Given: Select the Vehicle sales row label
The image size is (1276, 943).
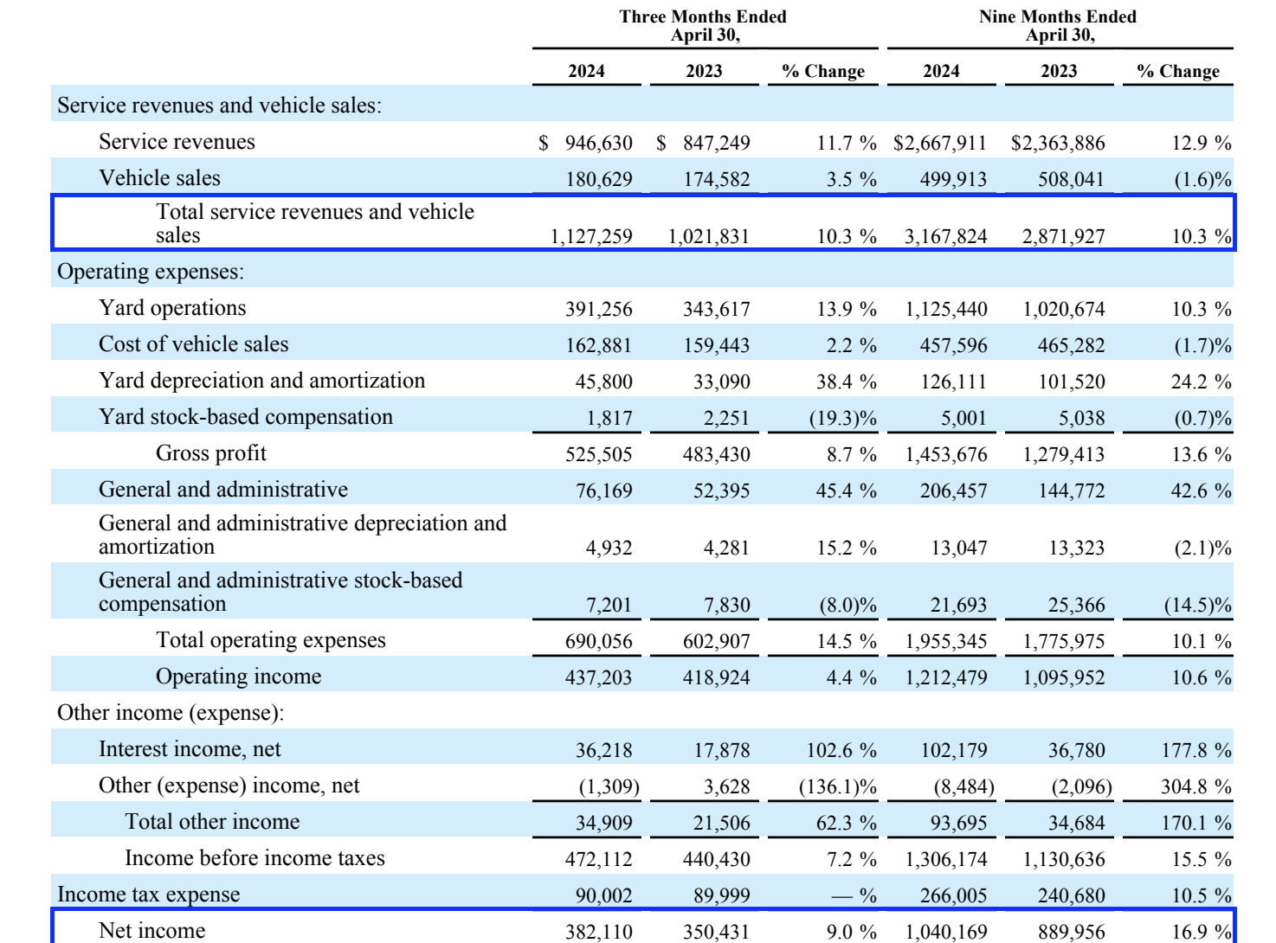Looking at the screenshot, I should [159, 178].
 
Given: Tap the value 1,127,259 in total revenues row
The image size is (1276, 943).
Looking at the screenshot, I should [591, 236].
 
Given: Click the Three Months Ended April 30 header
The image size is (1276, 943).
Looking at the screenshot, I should [703, 26].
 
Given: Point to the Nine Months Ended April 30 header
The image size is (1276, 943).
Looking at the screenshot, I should [1058, 26].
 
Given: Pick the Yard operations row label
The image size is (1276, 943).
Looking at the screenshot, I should [172, 308].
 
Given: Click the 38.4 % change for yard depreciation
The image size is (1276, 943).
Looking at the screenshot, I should [846, 382].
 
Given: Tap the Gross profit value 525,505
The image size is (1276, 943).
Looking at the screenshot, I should [599, 454].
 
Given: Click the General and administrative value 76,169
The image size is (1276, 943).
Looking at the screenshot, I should [603, 491].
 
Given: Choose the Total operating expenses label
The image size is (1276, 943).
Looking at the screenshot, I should [270, 640].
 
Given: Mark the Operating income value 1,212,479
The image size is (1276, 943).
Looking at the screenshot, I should [946, 677].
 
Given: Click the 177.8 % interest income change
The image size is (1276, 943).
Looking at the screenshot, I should [1195, 750].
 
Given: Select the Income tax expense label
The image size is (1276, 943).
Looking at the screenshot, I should [148, 895].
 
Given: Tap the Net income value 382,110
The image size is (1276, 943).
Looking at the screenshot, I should [599, 932].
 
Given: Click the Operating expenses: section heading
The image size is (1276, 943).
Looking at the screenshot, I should [151, 272].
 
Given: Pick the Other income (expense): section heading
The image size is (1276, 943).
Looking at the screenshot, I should [171, 713].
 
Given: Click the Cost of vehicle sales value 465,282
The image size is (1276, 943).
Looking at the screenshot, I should [1071, 345].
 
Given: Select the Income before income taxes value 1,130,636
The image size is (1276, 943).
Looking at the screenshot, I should [1064, 859].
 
